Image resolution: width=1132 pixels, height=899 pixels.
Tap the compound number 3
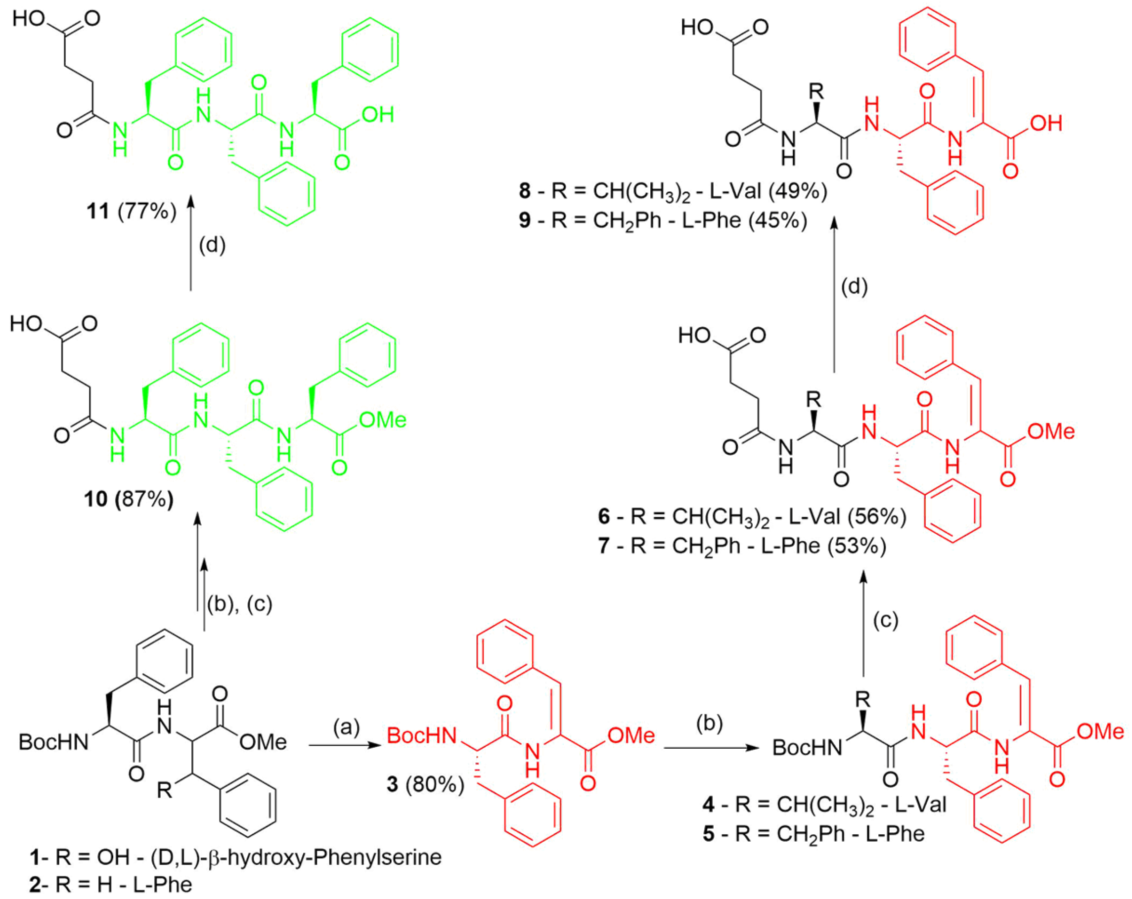tap(392, 785)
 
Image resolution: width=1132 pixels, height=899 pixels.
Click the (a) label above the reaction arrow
tap(347, 727)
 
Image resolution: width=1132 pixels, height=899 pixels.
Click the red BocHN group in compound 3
tap(422, 736)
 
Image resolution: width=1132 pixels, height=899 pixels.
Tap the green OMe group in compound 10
tap(382, 420)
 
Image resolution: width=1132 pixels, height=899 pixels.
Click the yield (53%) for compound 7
tap(857, 546)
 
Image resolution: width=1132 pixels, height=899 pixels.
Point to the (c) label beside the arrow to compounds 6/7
tap(886, 621)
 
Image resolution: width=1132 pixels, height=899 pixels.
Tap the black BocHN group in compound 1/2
tap(53, 742)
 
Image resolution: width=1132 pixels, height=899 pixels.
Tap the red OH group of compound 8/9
tap(1046, 124)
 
